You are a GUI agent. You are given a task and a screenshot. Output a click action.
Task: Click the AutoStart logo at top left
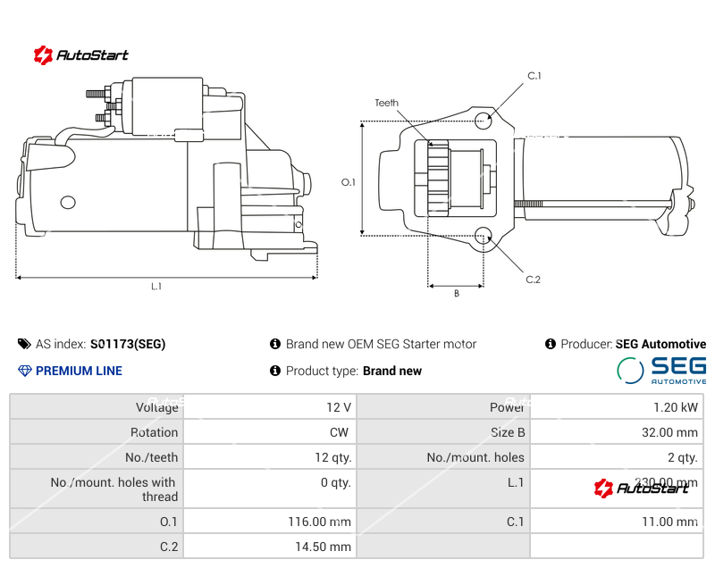click(80, 55)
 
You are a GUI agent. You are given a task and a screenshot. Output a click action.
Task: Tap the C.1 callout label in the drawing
click(534, 76)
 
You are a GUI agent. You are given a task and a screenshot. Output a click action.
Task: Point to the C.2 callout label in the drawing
click(534, 280)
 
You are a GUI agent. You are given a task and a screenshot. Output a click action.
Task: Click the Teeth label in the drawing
click(386, 104)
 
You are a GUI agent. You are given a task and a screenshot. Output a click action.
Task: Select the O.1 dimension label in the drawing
click(349, 182)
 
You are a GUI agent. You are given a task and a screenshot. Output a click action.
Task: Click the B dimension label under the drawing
click(456, 294)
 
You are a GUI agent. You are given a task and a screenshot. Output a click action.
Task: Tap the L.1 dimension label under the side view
click(156, 287)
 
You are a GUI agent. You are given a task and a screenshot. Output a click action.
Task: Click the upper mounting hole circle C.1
click(484, 120)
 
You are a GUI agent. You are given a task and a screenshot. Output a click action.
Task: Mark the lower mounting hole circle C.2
click(484, 236)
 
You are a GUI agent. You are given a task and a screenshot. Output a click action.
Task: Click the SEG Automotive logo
click(661, 370)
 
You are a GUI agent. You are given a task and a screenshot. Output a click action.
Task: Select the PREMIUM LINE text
click(79, 371)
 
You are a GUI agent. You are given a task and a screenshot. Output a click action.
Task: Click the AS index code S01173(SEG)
click(128, 344)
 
